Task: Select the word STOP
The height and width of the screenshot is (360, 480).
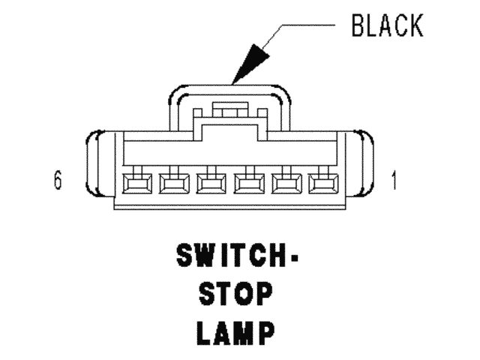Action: (235, 295)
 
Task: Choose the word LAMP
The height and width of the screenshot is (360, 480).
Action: (235, 332)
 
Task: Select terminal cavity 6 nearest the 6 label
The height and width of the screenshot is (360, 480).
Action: (136, 183)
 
